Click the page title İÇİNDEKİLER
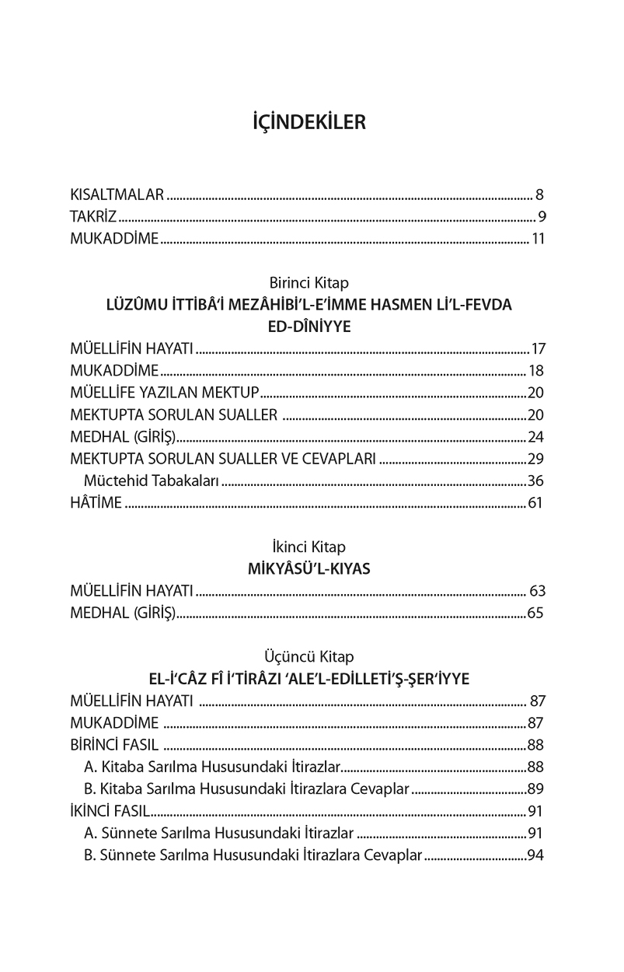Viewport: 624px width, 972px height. [309, 123]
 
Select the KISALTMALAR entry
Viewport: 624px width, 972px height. [117, 194]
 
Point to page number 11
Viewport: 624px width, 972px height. [538, 238]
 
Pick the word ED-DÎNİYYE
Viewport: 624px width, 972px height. [309, 327]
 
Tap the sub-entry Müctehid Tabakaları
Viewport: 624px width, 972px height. [152, 481]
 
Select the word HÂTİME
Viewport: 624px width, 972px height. [96, 502]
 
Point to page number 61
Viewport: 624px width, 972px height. [535, 502]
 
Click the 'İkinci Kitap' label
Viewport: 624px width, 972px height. [309, 547]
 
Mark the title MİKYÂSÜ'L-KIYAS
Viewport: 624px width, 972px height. [309, 568]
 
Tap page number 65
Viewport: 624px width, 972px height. [535, 613]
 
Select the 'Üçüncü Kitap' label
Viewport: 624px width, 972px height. [309, 656]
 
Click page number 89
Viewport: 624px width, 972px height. [535, 788]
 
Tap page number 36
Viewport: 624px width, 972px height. [535, 481]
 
